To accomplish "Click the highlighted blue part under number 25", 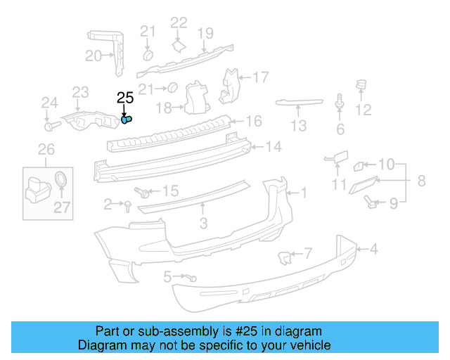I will pyautogui.click(x=126, y=120).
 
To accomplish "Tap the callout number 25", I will pyautogui.click(x=124, y=98).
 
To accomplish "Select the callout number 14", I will pyautogui.click(x=273, y=147).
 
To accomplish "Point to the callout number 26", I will pyautogui.click(x=46, y=148).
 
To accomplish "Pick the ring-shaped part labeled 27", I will pyautogui.click(x=62, y=178).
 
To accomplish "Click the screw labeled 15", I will pyautogui.click(x=143, y=191).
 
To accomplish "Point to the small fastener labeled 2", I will pyautogui.click(x=127, y=205).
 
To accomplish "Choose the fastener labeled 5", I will pyautogui.click(x=191, y=278).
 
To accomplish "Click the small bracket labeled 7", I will pyautogui.click(x=285, y=258).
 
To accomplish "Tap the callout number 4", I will pyautogui.click(x=374, y=248).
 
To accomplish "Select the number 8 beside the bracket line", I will pyautogui.click(x=421, y=181).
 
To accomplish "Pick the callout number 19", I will pyautogui.click(x=205, y=32).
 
